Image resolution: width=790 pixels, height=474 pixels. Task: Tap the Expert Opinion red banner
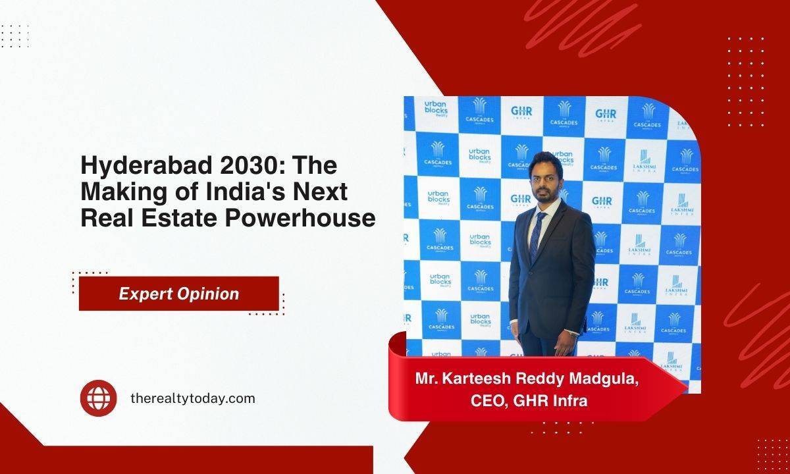[x=178, y=294]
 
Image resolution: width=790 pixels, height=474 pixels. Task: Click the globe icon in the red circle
[x=98, y=398]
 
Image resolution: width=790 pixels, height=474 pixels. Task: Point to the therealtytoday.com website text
[x=193, y=398]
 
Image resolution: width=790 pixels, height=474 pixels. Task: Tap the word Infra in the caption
[x=570, y=400]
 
